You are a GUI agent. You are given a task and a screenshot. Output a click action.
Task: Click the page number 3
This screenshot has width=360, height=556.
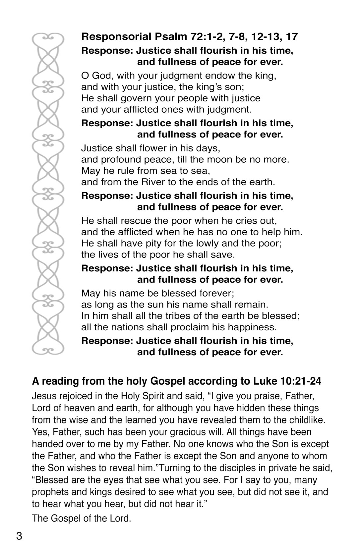coord(19,536)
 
